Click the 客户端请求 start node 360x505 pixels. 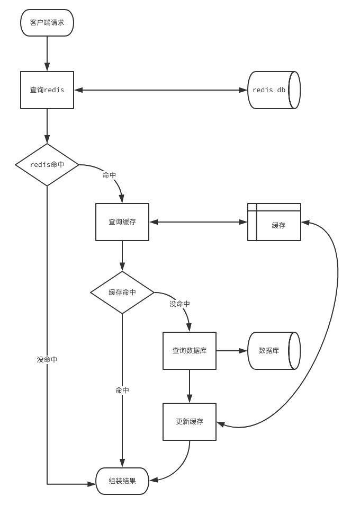click(47, 23)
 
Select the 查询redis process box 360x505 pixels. click(47, 90)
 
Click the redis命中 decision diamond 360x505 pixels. click(47, 165)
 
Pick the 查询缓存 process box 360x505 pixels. click(122, 222)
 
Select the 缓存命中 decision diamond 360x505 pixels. click(122, 293)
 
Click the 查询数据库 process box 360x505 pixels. click(190, 351)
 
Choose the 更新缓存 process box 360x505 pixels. click(190, 422)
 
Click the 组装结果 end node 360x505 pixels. click(122, 481)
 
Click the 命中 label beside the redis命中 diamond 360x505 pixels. click(109, 175)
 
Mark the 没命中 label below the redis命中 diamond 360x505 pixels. click(47, 359)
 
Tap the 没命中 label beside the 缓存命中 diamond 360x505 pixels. click(179, 304)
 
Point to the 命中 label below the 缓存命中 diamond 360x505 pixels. click(122, 390)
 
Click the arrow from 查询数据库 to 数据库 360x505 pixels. click(232, 351)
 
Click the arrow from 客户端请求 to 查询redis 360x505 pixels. click(47, 54)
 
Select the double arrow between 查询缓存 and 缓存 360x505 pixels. click(199, 222)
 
